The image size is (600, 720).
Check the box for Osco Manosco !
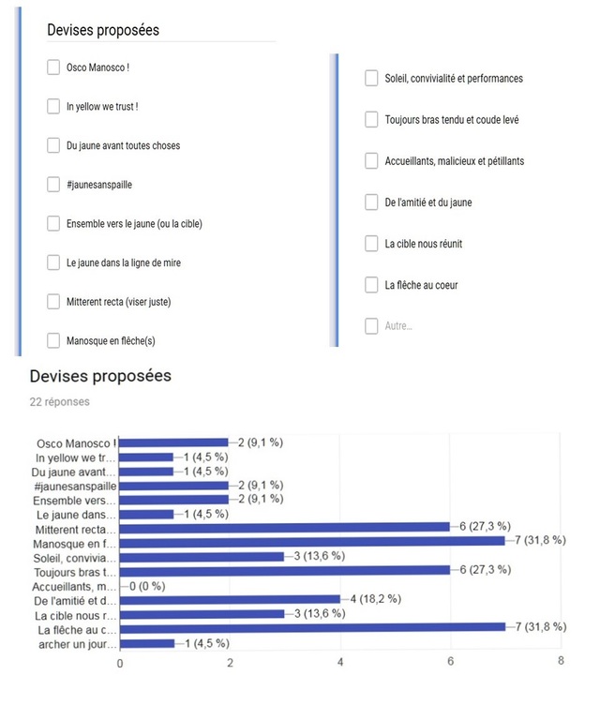click(53, 67)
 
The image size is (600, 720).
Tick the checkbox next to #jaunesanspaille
click(53, 185)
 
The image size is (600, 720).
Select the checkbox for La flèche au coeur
click(371, 285)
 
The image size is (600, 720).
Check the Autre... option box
click(371, 326)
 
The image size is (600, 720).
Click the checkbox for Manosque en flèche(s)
click(53, 340)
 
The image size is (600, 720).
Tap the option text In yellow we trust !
click(102, 107)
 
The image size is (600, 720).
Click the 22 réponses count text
click(60, 400)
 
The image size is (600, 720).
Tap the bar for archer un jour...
click(147, 643)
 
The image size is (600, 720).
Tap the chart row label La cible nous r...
click(78, 615)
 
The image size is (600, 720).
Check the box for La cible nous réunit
click(371, 244)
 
